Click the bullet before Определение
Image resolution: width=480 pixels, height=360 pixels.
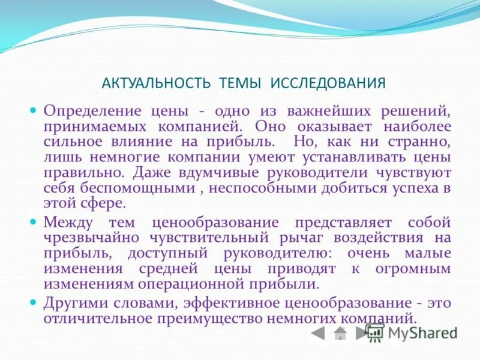coord(34,111)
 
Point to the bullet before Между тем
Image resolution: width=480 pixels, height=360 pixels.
coord(34,221)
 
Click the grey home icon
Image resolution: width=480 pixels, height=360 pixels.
coord(340,332)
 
